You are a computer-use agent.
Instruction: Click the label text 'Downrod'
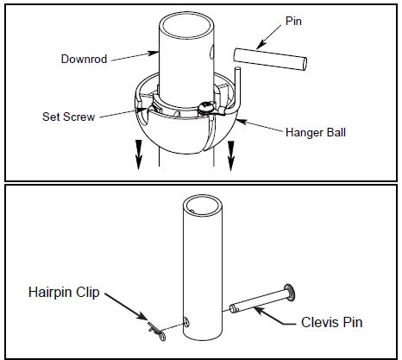pyautogui.click(x=84, y=59)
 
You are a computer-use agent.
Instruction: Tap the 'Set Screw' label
pyautogui.click(x=68, y=117)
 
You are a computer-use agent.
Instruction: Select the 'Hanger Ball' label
pyautogui.click(x=316, y=132)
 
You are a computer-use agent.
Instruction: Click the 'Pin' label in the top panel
pyautogui.click(x=293, y=21)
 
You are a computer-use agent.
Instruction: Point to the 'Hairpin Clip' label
pyautogui.click(x=64, y=292)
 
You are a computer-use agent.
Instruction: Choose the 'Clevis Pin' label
pyautogui.click(x=331, y=322)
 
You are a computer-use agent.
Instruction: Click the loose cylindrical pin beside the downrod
pyautogui.click(x=270, y=59)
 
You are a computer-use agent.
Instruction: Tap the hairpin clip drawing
pyautogui.click(x=157, y=332)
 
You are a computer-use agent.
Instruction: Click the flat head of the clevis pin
pyautogui.click(x=289, y=293)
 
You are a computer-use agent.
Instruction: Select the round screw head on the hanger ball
pyautogui.click(x=205, y=107)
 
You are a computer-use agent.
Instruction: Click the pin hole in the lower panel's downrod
pyautogui.click(x=186, y=322)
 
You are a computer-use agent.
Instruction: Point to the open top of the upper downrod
pyautogui.click(x=186, y=25)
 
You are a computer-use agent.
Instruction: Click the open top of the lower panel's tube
pyautogui.click(x=203, y=205)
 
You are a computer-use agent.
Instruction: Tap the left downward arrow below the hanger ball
pyautogui.click(x=139, y=155)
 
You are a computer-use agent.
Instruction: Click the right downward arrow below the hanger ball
pyautogui.click(x=230, y=155)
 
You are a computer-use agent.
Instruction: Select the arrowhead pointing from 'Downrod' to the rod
pyautogui.click(x=153, y=53)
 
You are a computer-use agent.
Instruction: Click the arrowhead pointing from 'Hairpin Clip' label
pyautogui.click(x=142, y=316)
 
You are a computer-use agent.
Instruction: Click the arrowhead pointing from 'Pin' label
pyautogui.click(x=260, y=46)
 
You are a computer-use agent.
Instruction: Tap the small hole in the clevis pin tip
pyautogui.click(x=236, y=310)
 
